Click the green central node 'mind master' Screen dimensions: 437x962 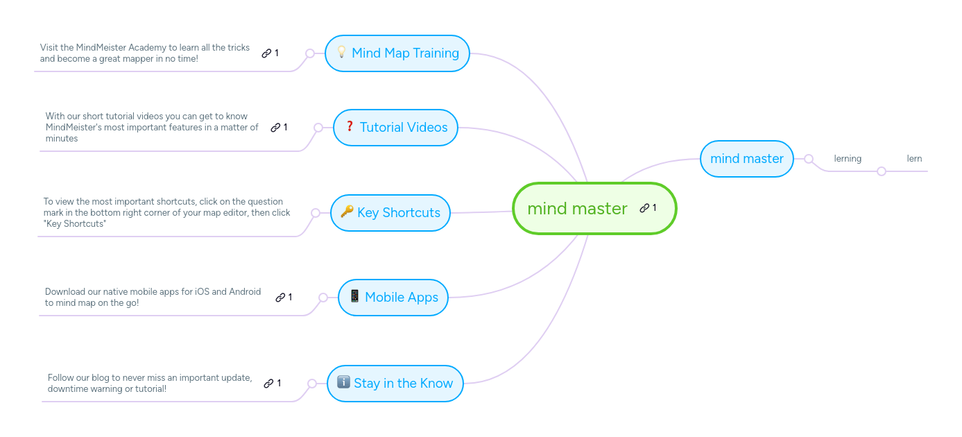577,209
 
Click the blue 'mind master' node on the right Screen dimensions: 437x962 746,159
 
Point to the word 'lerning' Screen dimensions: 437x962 848,159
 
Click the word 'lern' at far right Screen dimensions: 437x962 914,159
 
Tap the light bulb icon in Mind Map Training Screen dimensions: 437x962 341,52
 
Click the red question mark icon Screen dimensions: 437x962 350,126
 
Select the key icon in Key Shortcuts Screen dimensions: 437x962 347,212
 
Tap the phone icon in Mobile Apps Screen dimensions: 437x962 354,296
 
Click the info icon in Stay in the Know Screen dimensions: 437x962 343,382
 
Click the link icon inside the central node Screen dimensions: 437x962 644,208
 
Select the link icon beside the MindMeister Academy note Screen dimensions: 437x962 266,53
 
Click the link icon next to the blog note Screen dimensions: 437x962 268,384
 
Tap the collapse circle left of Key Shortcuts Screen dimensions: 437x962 316,213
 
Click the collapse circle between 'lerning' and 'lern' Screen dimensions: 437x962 882,171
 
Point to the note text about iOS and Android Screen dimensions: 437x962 153,297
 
